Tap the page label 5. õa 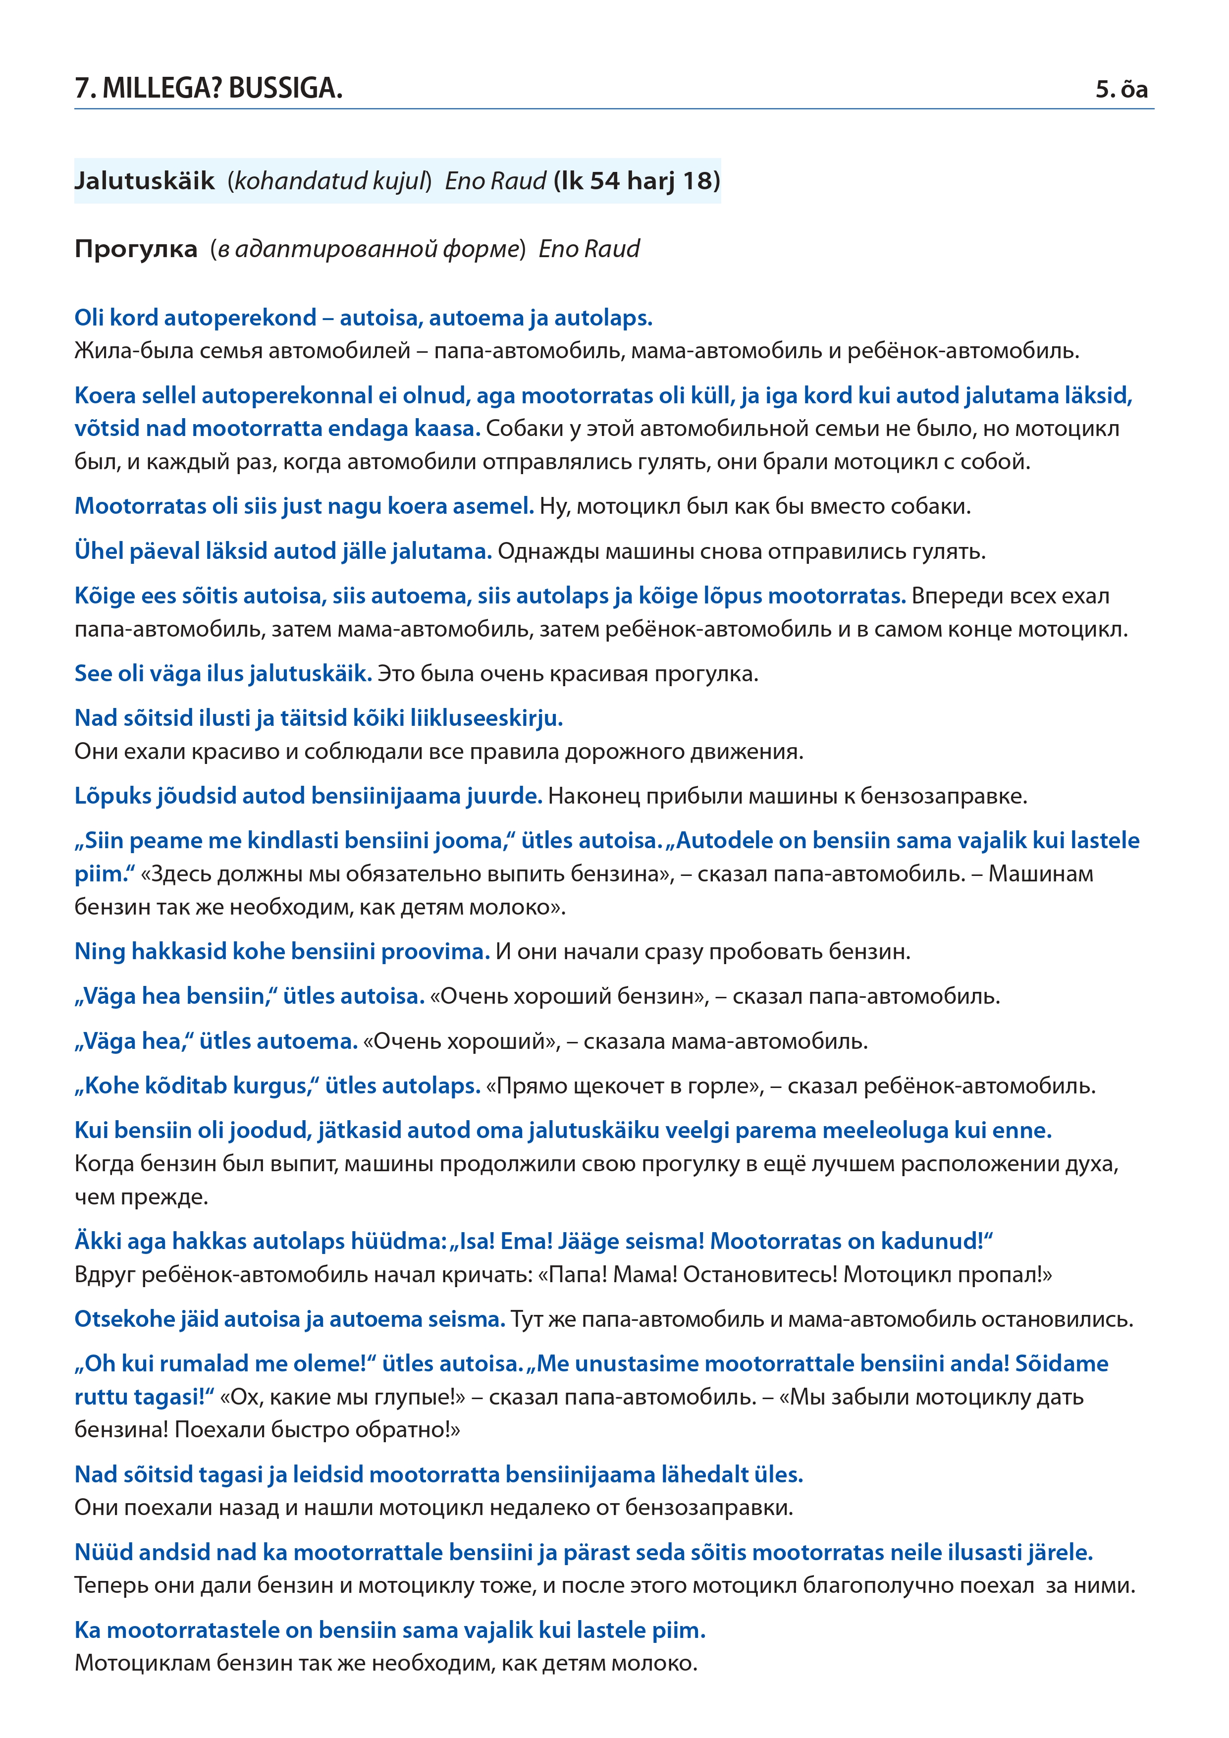click(1122, 89)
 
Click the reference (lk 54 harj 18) click(637, 181)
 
